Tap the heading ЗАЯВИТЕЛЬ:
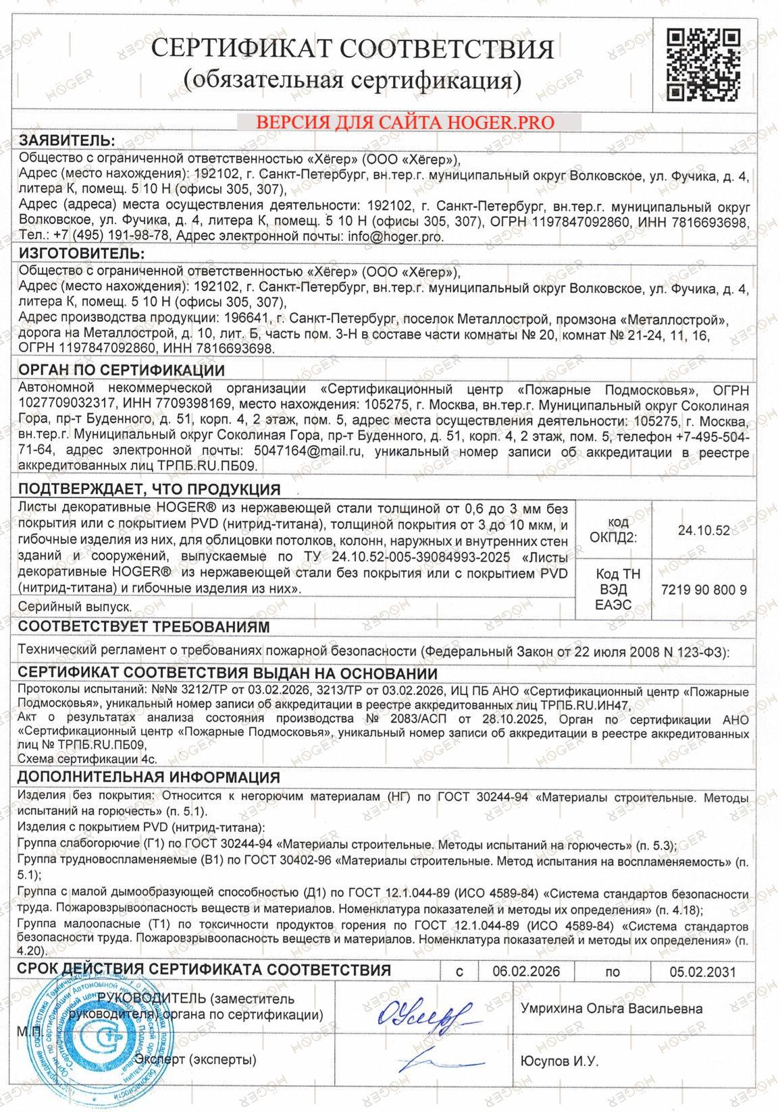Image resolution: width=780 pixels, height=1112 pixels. (67, 140)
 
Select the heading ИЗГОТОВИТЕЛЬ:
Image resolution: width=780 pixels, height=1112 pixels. (81, 254)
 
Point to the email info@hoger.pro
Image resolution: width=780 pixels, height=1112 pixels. (395, 236)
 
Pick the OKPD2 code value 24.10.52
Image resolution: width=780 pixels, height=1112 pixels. (704, 530)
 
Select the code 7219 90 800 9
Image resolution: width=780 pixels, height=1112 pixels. (704, 590)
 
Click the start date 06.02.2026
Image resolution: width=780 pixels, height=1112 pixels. (526, 971)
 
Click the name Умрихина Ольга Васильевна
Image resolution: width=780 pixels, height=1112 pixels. (611, 1009)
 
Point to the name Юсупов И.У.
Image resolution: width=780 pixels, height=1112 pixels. (560, 1061)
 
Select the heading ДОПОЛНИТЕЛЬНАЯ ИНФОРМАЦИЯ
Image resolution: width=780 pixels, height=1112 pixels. (149, 777)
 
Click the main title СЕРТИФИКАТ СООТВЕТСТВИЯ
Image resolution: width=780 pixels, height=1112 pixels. (352, 49)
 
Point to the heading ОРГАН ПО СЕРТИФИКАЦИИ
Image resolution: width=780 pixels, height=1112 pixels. (122, 370)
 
